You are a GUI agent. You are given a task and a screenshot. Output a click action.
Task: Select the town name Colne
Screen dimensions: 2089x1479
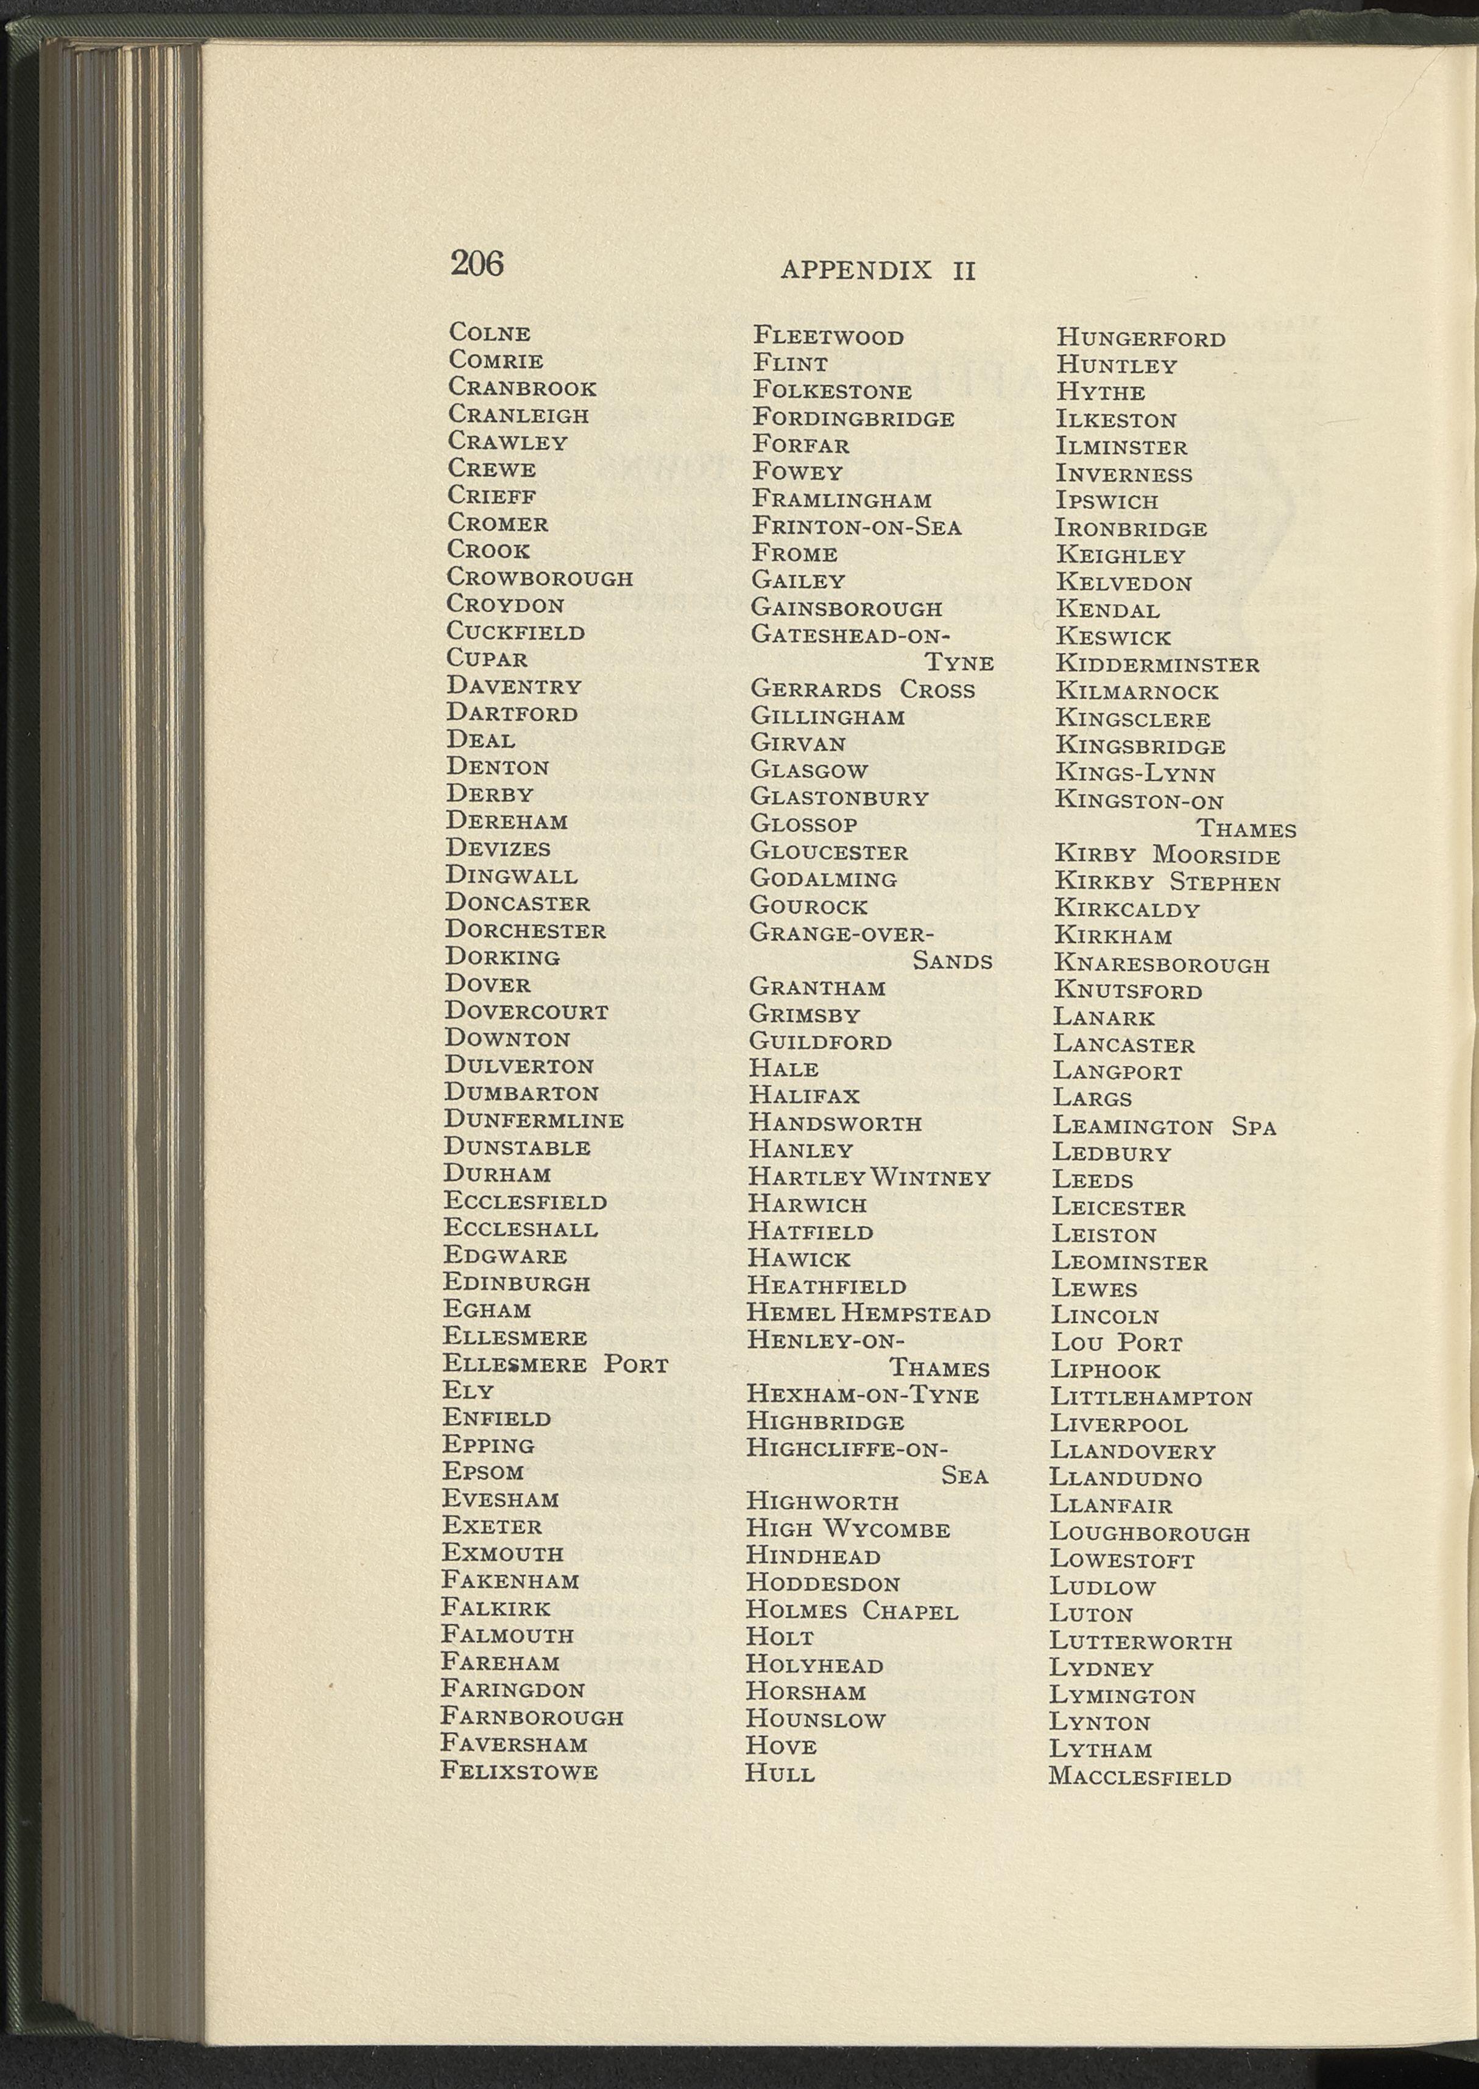pos(489,333)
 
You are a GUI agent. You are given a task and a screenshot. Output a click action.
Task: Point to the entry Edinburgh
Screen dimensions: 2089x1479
pos(517,1283)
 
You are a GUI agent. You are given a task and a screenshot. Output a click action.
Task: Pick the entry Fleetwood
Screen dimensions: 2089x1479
pos(828,337)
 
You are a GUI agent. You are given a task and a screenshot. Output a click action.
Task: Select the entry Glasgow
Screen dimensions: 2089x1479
pos(809,770)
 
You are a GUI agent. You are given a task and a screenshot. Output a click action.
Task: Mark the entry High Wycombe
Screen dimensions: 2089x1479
pos(848,1529)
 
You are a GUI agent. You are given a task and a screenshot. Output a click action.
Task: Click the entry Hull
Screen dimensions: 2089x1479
pos(780,1773)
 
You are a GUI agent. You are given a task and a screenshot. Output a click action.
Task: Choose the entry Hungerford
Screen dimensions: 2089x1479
pos(1140,339)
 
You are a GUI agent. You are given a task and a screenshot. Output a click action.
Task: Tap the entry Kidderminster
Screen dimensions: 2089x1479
pos(1157,664)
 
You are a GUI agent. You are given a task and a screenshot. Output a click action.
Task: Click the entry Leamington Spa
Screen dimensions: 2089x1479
pos(1164,1127)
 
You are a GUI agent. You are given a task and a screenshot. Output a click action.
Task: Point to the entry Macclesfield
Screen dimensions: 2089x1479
pos(1139,1776)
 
